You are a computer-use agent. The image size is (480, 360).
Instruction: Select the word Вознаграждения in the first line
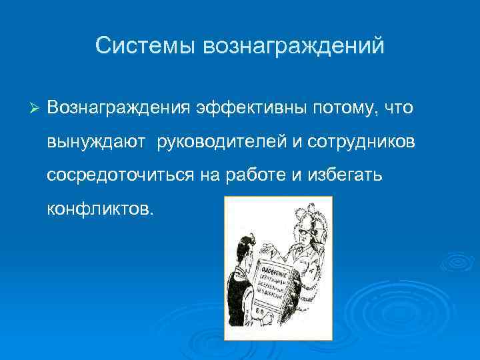119,107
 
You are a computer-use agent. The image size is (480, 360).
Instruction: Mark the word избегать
350,175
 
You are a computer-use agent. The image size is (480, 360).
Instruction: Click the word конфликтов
100,209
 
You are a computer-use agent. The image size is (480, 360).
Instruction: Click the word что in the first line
399,107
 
